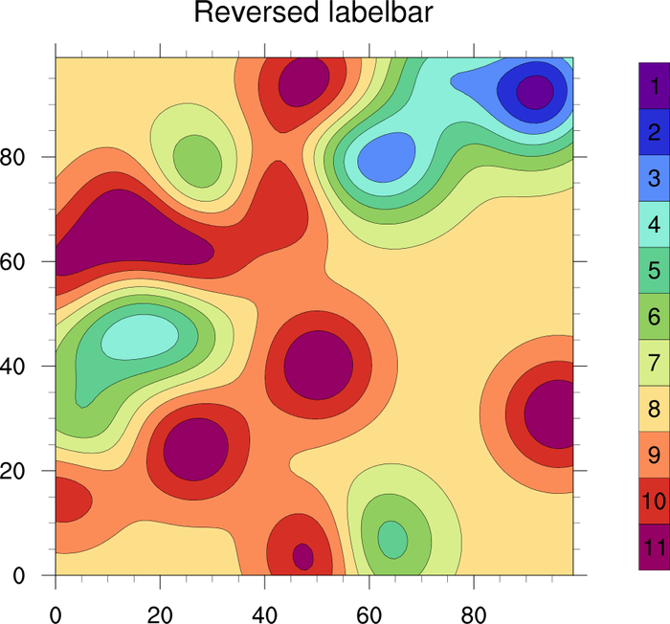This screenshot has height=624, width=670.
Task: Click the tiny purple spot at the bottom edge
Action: coord(302,555)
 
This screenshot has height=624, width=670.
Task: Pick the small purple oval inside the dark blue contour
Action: coord(533,92)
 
